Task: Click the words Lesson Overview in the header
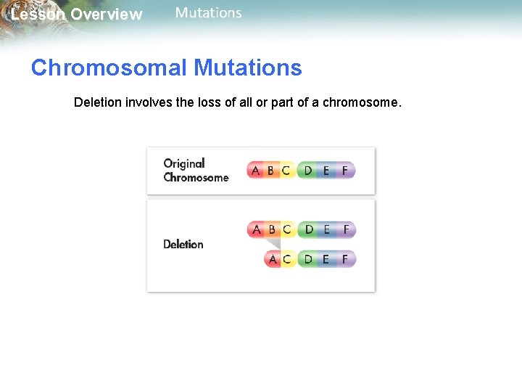click(x=76, y=15)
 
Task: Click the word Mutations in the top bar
click(x=209, y=13)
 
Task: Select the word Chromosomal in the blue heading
click(x=109, y=68)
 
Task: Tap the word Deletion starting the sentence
click(x=98, y=102)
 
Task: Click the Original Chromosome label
click(x=195, y=171)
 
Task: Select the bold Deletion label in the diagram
click(x=183, y=244)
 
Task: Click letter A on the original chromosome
click(x=255, y=171)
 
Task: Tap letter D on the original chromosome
click(x=308, y=171)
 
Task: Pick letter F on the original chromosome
click(x=345, y=171)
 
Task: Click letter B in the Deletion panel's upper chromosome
click(x=272, y=229)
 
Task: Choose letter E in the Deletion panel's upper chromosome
click(x=327, y=229)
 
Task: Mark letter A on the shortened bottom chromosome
click(x=273, y=258)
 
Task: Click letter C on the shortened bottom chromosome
click(x=286, y=258)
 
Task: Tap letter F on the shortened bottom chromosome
click(x=345, y=258)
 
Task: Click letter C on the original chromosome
click(x=286, y=171)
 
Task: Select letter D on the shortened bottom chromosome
click(x=308, y=258)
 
